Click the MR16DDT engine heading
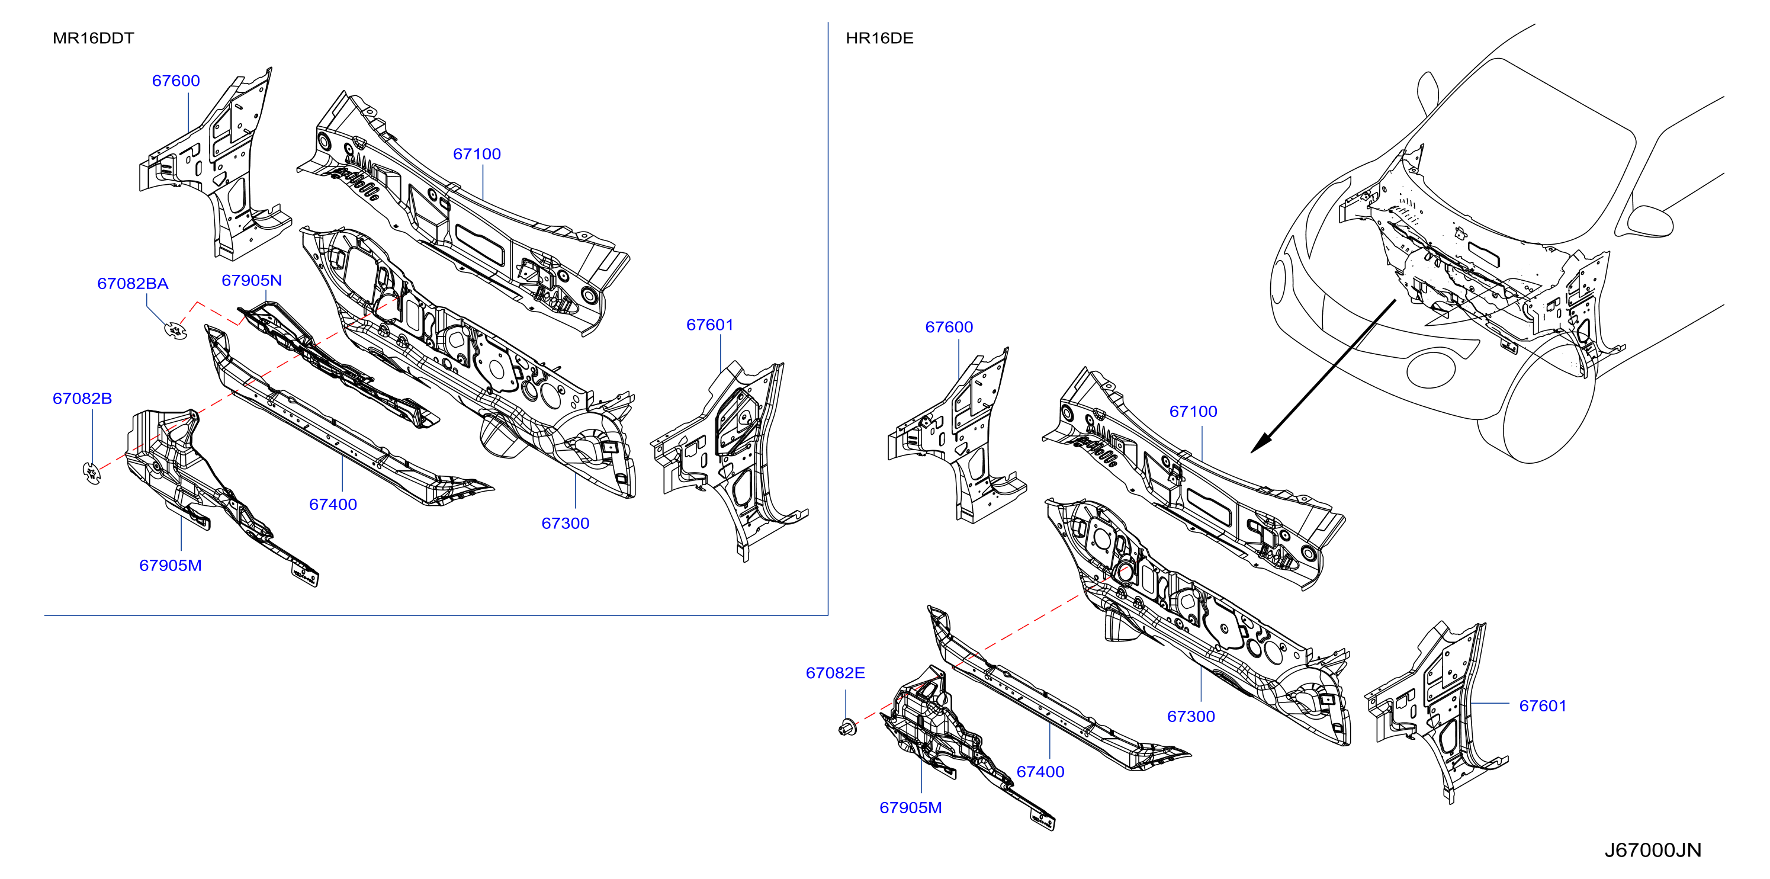pos(94,38)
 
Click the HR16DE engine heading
pos(879,38)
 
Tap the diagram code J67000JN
pos(1653,850)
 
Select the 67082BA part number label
pos(133,283)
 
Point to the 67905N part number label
pos(252,280)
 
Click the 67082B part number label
pos(82,399)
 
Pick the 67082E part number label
pos(836,673)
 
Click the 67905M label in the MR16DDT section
pos(171,566)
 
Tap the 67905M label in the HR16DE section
pos(911,807)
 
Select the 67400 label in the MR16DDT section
pos(333,505)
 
